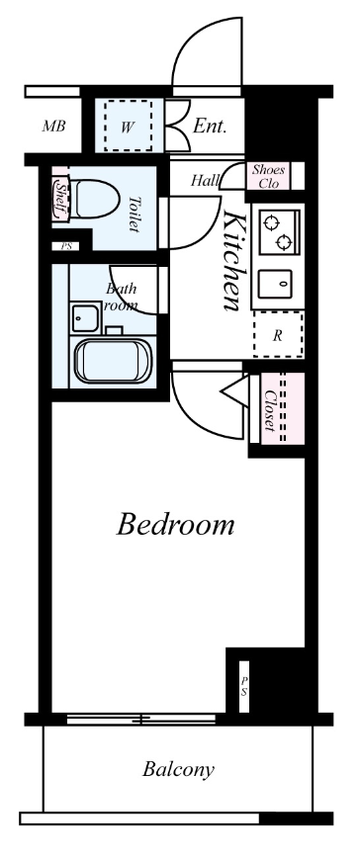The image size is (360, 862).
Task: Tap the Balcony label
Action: point(178,768)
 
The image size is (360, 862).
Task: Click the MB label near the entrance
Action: point(53,127)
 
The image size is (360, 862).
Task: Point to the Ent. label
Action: point(210,127)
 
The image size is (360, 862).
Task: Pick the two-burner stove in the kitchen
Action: point(275,229)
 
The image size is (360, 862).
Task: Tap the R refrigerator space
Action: point(277,335)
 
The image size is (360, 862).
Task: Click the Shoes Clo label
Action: point(268,176)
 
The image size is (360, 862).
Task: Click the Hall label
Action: point(205,180)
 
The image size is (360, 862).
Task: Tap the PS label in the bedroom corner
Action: point(244,686)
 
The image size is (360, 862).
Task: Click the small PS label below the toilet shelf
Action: point(65,246)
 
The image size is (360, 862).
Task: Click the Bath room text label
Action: point(121,297)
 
